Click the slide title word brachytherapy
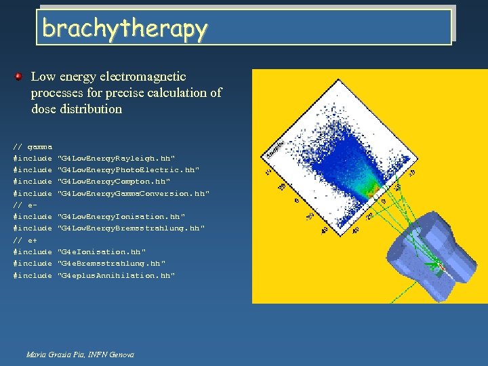(x=124, y=28)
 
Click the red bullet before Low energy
(x=20, y=77)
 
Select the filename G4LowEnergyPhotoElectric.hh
(x=129, y=169)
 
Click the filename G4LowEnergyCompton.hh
(x=114, y=182)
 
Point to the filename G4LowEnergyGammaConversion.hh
(x=134, y=193)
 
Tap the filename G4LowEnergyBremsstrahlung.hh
(x=131, y=228)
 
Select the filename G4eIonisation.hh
(x=102, y=251)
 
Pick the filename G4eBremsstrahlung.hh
(x=111, y=263)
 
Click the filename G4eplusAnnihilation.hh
(x=116, y=275)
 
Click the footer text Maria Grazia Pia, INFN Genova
(x=80, y=354)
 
